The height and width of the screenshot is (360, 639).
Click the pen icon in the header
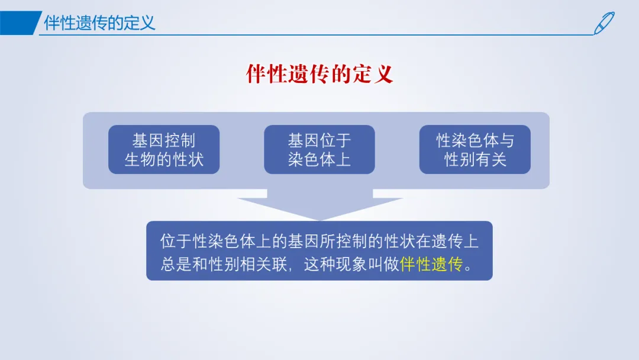pos(604,23)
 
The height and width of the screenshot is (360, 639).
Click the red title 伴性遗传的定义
pos(319,74)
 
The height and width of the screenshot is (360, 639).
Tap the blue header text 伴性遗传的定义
pos(99,23)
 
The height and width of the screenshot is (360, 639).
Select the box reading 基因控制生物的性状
pos(164,150)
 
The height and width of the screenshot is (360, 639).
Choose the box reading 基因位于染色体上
pos(319,150)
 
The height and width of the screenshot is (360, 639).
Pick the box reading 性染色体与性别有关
pos(475,150)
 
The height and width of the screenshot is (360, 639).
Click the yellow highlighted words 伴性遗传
pos(431,264)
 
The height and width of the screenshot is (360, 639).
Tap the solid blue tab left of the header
pos(20,23)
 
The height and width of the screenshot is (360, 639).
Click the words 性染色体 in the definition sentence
pos(224,242)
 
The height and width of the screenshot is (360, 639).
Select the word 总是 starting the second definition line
pos(176,264)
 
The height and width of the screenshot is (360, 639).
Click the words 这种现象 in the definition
pos(335,264)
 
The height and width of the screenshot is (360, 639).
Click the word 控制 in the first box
pos(180,141)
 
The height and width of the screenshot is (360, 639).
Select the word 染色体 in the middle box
pos(311,159)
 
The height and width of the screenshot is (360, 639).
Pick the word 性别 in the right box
pos(459,159)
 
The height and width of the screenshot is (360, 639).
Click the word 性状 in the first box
pos(188,159)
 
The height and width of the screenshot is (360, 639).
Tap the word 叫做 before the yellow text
pos(383,264)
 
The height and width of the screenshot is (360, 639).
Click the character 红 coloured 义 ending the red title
pos(383,74)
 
